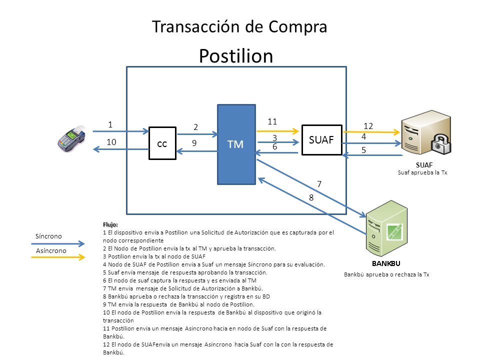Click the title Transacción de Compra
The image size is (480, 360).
click(x=239, y=27)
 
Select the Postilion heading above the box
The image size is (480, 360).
click(x=236, y=56)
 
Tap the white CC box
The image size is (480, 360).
click(x=162, y=143)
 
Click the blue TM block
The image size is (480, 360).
click(x=236, y=144)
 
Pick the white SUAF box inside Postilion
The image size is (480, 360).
click(x=321, y=140)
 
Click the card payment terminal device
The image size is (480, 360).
click(x=71, y=138)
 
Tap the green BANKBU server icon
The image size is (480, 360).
click(x=386, y=228)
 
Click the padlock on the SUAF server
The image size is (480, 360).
click(x=441, y=144)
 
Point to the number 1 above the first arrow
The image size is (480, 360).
click(x=110, y=124)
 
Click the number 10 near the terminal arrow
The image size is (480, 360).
click(x=111, y=142)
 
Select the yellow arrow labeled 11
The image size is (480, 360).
click(x=277, y=131)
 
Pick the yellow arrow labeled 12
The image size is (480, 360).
click(x=371, y=132)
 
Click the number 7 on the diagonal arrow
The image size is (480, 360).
click(x=319, y=184)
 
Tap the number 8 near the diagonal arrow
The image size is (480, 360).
click(x=311, y=198)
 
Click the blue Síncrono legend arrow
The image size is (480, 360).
click(x=58, y=243)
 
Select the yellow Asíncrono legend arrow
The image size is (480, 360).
click(x=58, y=257)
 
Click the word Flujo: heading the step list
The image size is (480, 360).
click(x=110, y=224)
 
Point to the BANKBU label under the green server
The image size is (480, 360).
click(x=386, y=263)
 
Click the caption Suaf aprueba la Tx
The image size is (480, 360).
click(x=422, y=172)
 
